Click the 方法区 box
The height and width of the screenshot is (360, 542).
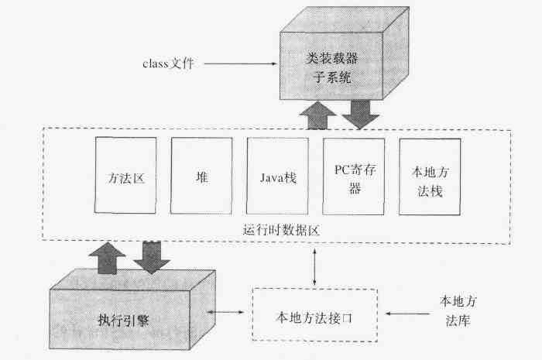[x=125, y=177]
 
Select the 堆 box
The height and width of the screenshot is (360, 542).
[x=201, y=177]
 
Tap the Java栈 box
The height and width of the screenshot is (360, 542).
[x=277, y=177]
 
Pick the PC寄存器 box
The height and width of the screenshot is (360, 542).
[x=354, y=177]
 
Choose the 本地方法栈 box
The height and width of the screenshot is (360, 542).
[x=430, y=177]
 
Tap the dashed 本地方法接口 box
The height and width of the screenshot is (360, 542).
[x=316, y=315]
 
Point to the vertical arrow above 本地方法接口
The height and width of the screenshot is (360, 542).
[x=314, y=268]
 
